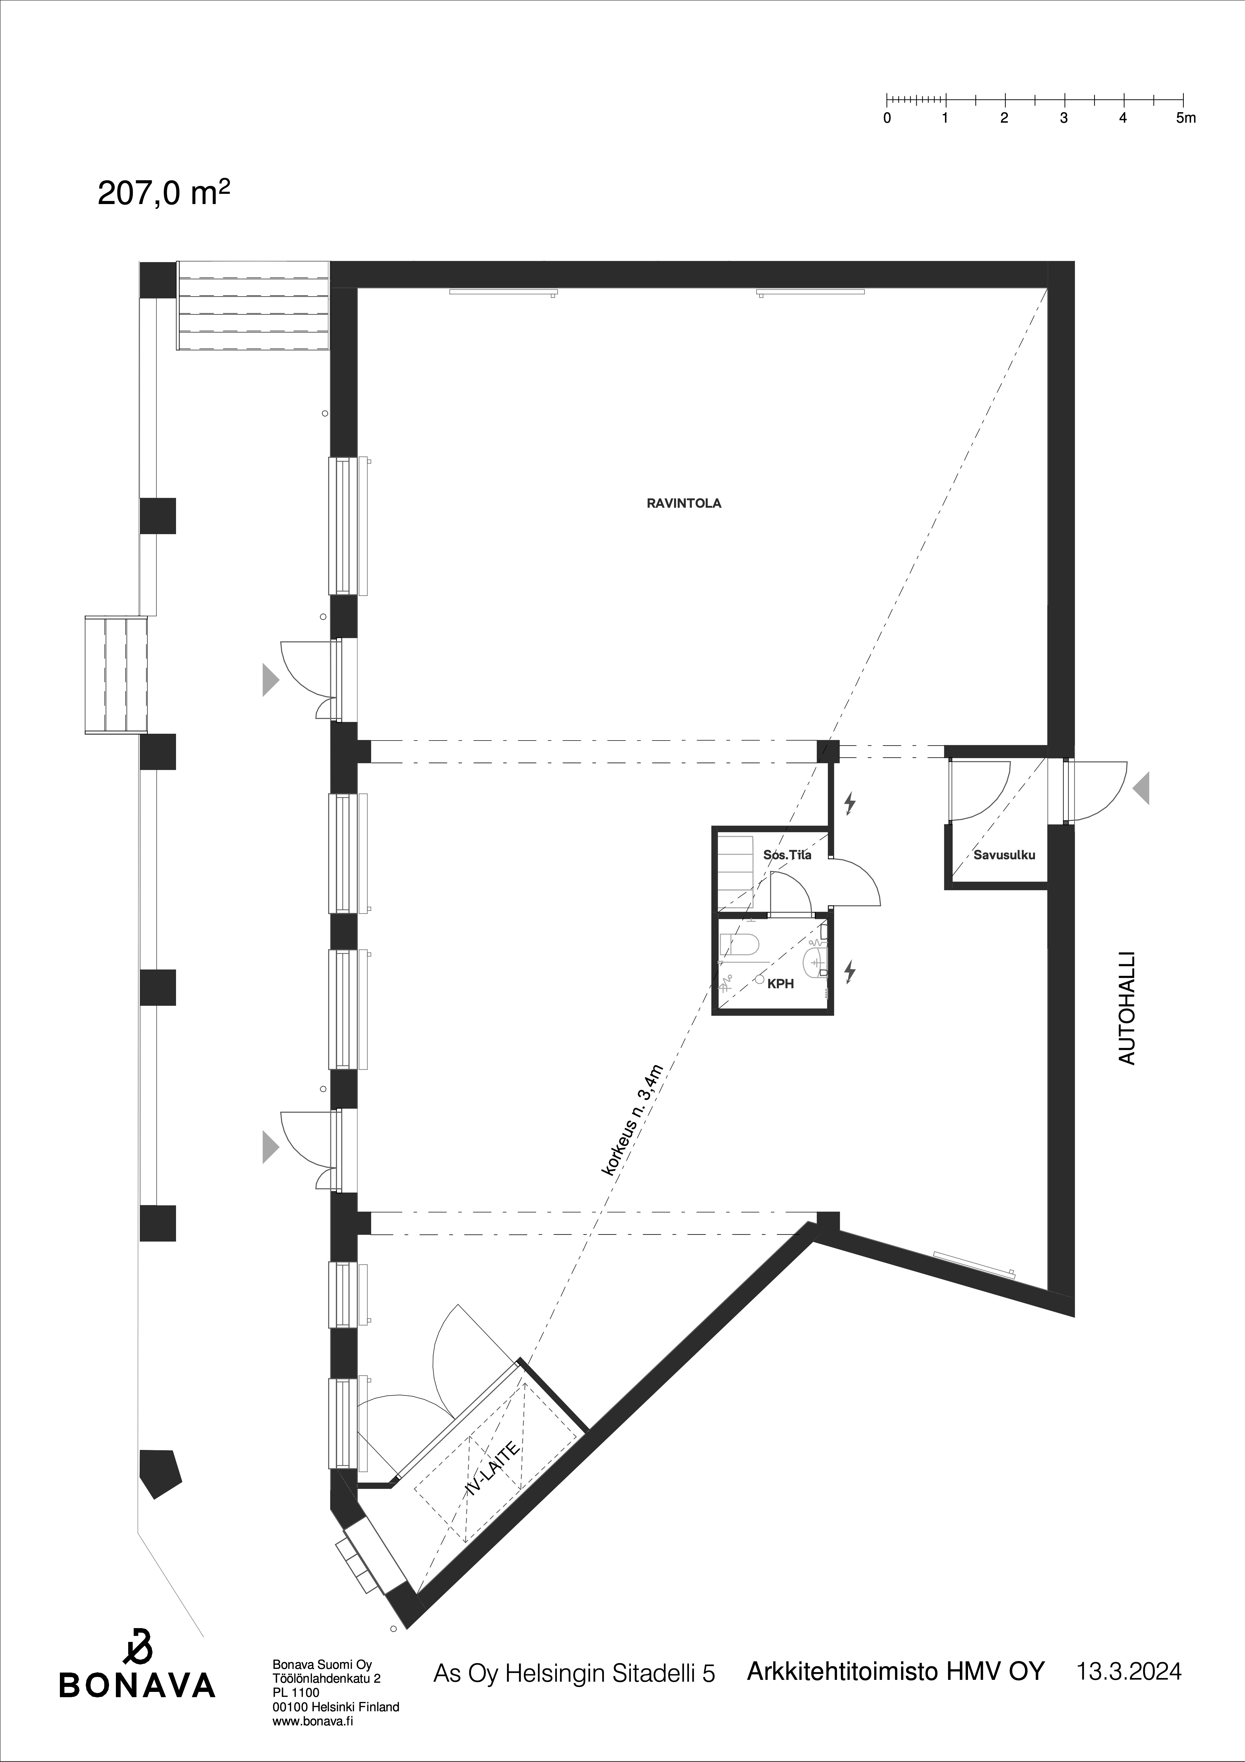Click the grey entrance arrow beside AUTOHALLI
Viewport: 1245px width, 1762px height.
tap(1141, 788)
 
